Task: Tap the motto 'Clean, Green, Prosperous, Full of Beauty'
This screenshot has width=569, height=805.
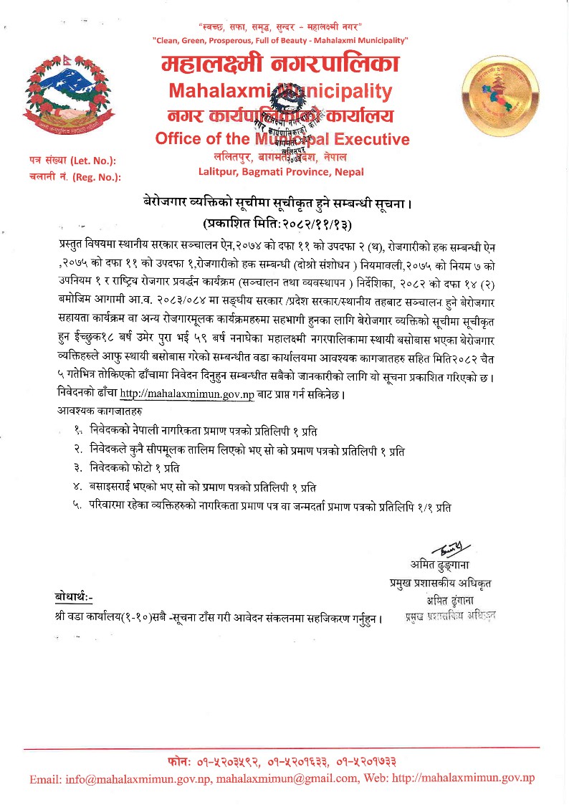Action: (281, 40)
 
